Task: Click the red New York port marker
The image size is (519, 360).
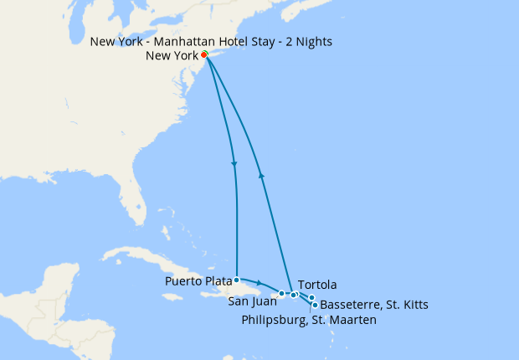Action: click(x=204, y=55)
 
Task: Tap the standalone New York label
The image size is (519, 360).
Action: click(x=172, y=56)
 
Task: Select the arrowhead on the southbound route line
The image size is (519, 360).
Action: click(x=234, y=164)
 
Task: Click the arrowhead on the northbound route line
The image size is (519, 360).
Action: click(x=263, y=176)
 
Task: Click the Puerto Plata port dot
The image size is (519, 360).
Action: click(x=237, y=280)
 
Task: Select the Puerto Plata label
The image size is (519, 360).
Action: click(x=199, y=280)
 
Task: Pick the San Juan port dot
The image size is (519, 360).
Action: click(x=282, y=294)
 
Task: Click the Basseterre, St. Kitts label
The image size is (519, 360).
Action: click(x=374, y=305)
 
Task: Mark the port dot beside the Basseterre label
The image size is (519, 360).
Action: click(x=314, y=305)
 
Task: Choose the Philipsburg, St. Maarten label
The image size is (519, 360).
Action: click(x=309, y=319)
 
